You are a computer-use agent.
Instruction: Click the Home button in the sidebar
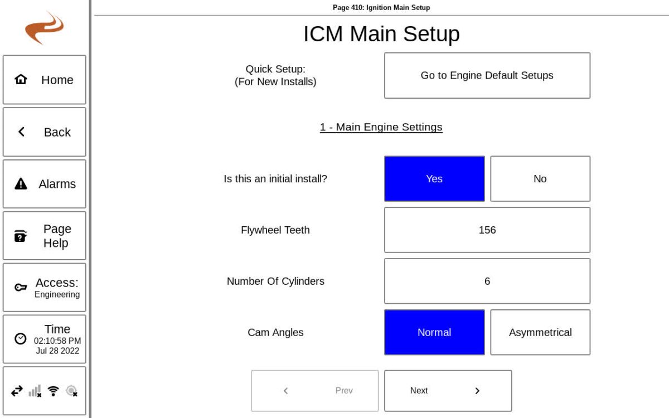tap(45, 80)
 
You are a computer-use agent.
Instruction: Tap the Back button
tap(45, 132)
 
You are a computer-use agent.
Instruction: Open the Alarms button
tap(45, 184)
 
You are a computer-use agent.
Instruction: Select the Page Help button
tap(45, 236)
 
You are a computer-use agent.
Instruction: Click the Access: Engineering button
tap(45, 288)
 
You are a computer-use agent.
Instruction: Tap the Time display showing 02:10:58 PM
tap(45, 339)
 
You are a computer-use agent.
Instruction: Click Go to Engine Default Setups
tap(487, 75)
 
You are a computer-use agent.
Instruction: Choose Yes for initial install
tap(434, 178)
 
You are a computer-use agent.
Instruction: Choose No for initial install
tap(540, 178)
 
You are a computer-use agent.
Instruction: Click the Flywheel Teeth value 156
tap(487, 230)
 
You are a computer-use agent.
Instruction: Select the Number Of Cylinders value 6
tap(487, 281)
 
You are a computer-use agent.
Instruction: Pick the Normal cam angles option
tap(434, 332)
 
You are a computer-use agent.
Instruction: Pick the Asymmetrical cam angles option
tap(540, 332)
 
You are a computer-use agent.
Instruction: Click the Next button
tap(448, 391)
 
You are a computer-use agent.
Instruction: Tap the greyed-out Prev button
tap(314, 391)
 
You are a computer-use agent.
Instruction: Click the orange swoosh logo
tap(45, 28)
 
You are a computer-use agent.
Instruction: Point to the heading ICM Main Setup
tap(381, 34)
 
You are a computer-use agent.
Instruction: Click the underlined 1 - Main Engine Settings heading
tap(381, 127)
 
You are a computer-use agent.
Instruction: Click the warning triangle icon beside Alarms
tap(21, 184)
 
